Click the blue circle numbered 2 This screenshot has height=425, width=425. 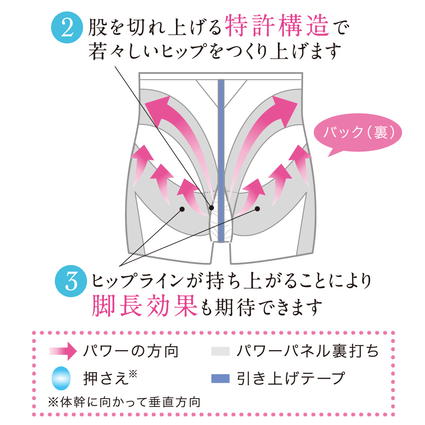click(67, 28)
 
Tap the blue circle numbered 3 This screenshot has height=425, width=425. click(71, 281)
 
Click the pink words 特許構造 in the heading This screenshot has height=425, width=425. click(277, 25)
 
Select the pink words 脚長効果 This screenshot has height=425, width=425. click(144, 306)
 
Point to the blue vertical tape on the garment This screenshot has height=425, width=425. click(221, 161)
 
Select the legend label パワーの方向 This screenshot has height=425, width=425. click(130, 351)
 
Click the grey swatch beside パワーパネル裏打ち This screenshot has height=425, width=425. click(220, 351)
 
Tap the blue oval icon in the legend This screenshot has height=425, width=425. click(61, 379)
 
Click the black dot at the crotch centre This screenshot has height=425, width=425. click(212, 208)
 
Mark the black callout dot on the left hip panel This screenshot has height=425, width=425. click(182, 209)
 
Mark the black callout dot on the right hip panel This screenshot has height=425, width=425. click(257, 209)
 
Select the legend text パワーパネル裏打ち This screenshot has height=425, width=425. click(308, 351)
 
